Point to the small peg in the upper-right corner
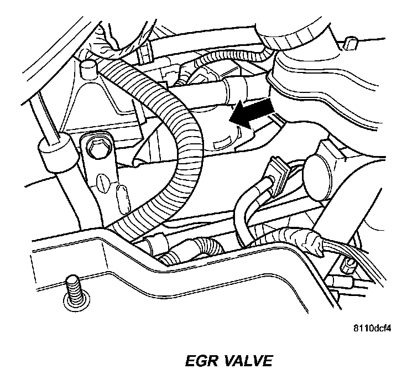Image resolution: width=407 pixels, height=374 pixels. click(349, 43)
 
